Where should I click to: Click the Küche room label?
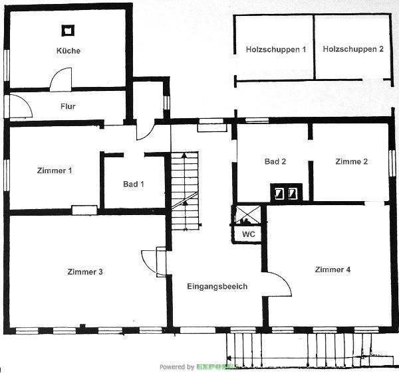pos(68,50)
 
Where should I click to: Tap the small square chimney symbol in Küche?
pos(67,30)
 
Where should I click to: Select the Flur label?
pos(68,106)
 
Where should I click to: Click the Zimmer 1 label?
pos(55,171)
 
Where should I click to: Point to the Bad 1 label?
pos(133,184)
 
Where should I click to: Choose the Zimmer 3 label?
pos(85,271)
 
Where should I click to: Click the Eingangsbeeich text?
pos(217,286)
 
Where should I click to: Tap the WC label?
pos(248,234)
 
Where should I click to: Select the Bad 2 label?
pos(275,161)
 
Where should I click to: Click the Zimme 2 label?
pos(352,161)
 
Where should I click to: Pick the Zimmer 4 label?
pos(332,269)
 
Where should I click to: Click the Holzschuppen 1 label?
pos(275,49)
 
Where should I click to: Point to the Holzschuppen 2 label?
pos(353,49)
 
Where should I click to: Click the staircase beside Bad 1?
pos(185,189)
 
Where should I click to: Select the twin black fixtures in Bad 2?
pos(286,193)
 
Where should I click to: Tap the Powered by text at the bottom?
pos(176,366)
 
